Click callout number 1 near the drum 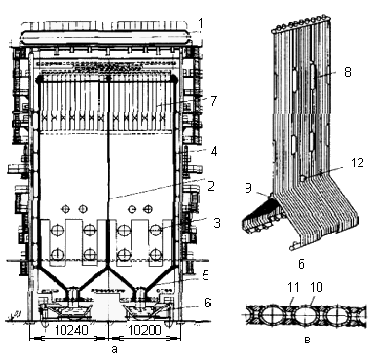(x=201, y=23)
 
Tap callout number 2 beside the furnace (x=211, y=186)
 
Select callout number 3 (x=217, y=223)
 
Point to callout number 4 (x=214, y=151)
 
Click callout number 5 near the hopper (x=206, y=275)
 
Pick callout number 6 (x=208, y=302)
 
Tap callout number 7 (x=213, y=101)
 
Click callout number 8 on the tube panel (x=348, y=72)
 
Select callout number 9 (x=248, y=188)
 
